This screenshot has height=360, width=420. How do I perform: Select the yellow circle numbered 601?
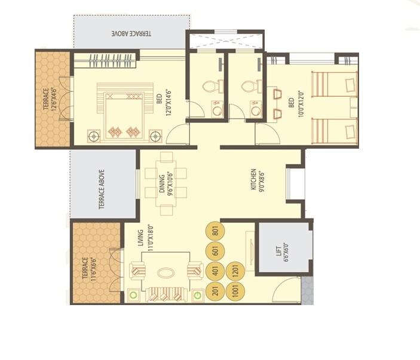tap(215, 251)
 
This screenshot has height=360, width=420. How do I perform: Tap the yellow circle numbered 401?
tap(215, 272)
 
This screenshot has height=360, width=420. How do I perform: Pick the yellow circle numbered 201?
tap(215, 291)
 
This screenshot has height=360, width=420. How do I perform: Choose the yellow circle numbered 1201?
tap(235, 272)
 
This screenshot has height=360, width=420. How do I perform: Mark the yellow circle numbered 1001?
tap(235, 291)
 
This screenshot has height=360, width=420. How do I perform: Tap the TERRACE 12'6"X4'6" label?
tap(50, 100)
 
